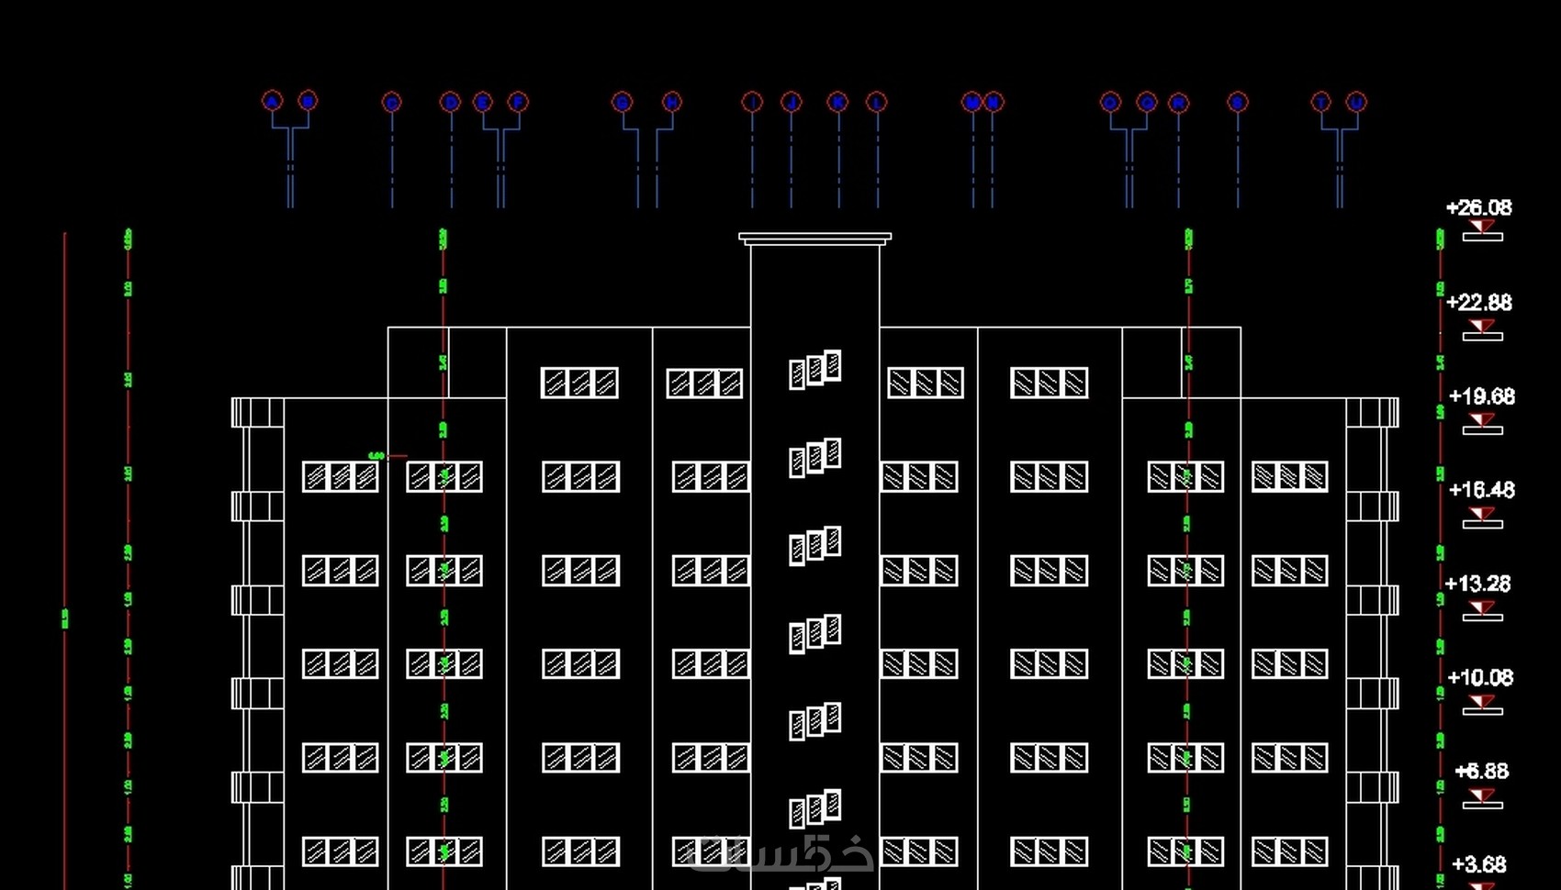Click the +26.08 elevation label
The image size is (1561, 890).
click(x=1478, y=208)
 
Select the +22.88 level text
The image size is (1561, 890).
click(x=1478, y=303)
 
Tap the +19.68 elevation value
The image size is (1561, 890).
click(x=1481, y=396)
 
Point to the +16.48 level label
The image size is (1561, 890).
click(x=1481, y=490)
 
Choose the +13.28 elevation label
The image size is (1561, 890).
click(x=1477, y=584)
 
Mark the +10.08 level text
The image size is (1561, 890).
click(x=1480, y=678)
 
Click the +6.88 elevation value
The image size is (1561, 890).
click(x=1481, y=772)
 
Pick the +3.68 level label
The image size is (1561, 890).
click(x=1478, y=864)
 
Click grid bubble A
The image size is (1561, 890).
click(x=272, y=101)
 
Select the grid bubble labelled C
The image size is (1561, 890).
click(x=392, y=102)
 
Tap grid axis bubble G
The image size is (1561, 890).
click(x=622, y=102)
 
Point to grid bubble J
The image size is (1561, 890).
click(x=791, y=102)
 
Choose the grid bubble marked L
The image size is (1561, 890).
click(x=877, y=102)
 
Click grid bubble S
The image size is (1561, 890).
click(x=1238, y=102)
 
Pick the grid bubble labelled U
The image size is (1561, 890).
click(x=1356, y=102)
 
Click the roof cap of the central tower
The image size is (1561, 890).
click(x=814, y=238)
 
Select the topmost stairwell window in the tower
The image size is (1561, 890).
click(x=814, y=369)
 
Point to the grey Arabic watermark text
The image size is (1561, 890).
click(x=780, y=853)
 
